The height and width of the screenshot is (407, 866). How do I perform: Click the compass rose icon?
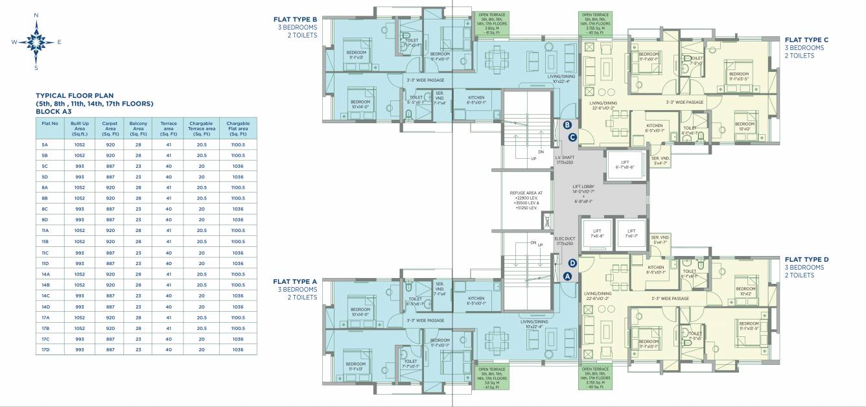pyautogui.click(x=36, y=41)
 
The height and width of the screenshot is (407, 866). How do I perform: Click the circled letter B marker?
pyautogui.click(x=567, y=125)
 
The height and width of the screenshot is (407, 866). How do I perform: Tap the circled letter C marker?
pyautogui.click(x=572, y=137)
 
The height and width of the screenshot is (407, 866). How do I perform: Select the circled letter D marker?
pyautogui.click(x=572, y=263)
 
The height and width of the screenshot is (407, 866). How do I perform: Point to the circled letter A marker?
pyautogui.click(x=567, y=275)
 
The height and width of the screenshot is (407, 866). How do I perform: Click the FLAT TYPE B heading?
pyautogui.click(x=295, y=19)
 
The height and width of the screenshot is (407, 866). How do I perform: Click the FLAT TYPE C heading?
pyautogui.click(x=806, y=40)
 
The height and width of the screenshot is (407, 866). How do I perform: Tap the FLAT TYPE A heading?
pyautogui.click(x=295, y=281)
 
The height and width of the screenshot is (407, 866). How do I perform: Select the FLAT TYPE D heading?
pyautogui.click(x=806, y=259)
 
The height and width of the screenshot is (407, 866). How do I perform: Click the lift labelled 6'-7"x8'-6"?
pyautogui.click(x=625, y=165)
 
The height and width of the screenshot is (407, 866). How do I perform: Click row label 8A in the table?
pyautogui.click(x=45, y=187)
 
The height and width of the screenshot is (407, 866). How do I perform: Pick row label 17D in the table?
pyautogui.click(x=45, y=349)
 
